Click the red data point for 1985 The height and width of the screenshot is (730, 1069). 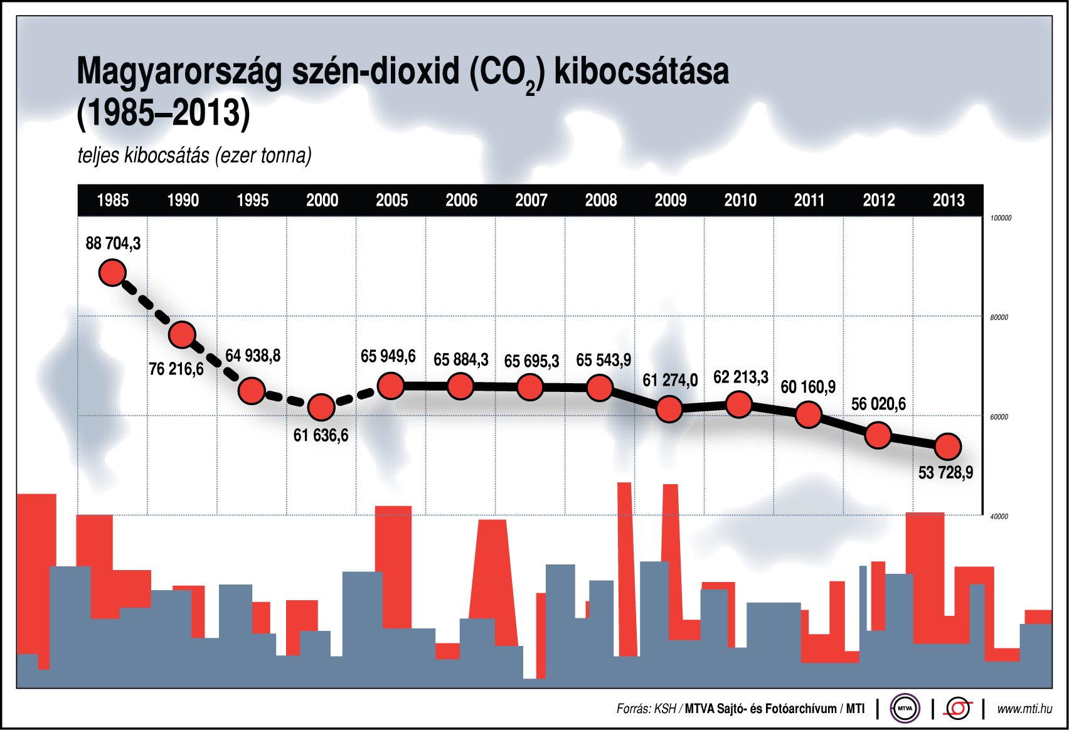(x=113, y=273)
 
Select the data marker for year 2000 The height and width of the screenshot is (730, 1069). (x=321, y=408)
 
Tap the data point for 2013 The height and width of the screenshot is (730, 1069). (x=948, y=447)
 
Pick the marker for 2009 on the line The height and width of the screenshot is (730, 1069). (x=669, y=410)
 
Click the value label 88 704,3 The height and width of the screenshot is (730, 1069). (x=113, y=243)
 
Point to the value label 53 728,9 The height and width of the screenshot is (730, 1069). (x=945, y=473)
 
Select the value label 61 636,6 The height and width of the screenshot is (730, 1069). (x=321, y=435)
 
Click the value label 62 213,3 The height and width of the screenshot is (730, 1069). (x=740, y=378)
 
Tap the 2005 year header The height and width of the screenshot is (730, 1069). (x=391, y=201)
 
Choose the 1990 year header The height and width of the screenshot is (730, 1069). (x=183, y=201)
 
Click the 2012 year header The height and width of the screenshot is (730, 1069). (x=878, y=201)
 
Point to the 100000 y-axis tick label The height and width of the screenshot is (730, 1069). (x=1001, y=218)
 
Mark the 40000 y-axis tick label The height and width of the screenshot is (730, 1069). (x=999, y=517)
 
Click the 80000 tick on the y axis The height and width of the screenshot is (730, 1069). (x=999, y=318)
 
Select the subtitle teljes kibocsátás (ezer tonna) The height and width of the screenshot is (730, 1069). (x=194, y=156)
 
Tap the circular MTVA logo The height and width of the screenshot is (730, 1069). (x=905, y=709)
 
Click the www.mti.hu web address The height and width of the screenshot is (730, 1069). (x=1024, y=709)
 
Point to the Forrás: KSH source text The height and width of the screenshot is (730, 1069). (x=646, y=709)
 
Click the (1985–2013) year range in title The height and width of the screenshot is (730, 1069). (x=163, y=114)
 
